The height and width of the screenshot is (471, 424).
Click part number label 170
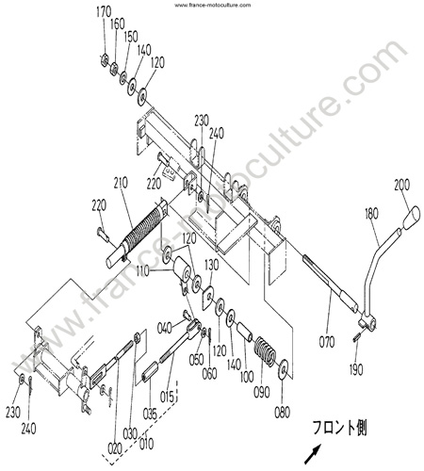[x=104, y=12]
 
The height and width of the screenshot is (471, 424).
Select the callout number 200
[x=402, y=185]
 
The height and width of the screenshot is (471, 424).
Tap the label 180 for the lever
[x=371, y=214]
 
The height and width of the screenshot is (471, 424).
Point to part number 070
[x=327, y=342]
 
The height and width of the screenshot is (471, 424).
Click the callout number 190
[x=356, y=369]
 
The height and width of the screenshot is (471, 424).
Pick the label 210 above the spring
[x=121, y=183]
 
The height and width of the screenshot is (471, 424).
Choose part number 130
[x=211, y=266]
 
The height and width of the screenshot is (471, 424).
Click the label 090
[x=262, y=392]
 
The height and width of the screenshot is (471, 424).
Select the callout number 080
[x=282, y=413]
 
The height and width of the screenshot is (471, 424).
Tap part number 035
[x=150, y=414]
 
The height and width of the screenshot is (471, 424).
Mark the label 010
[x=146, y=444]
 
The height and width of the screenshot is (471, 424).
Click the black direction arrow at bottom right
[x=313, y=454]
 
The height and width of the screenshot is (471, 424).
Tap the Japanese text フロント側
[x=339, y=428]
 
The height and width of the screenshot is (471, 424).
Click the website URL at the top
[x=213, y=5]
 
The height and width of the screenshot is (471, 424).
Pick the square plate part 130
[x=208, y=298]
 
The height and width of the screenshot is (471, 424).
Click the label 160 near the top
[x=118, y=24]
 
